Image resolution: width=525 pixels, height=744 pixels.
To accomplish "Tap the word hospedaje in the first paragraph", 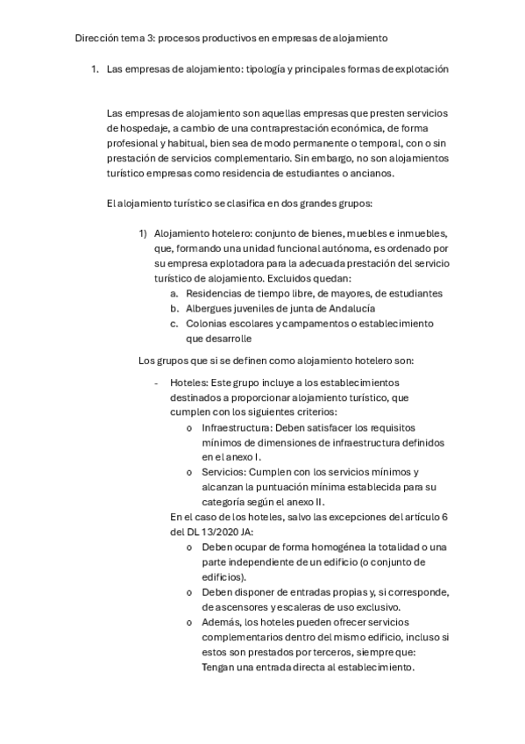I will click(x=140, y=128).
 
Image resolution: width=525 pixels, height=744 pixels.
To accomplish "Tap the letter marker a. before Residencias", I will click(x=174, y=293).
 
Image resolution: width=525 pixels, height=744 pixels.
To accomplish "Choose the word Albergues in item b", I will click(x=209, y=308).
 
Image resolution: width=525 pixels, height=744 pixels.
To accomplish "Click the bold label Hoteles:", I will click(x=188, y=383).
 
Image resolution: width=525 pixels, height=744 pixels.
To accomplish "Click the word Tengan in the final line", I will click(x=218, y=666).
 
